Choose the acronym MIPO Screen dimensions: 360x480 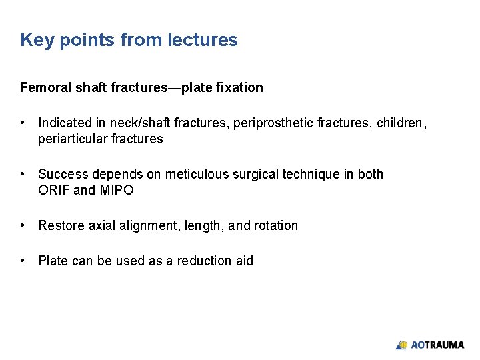pos(117,190)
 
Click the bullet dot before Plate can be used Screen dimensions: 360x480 pos(23,261)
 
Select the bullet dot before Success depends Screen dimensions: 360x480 pos(23,174)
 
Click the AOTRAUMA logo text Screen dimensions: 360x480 pos(437,345)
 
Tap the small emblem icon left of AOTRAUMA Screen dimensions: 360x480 pos(402,345)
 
